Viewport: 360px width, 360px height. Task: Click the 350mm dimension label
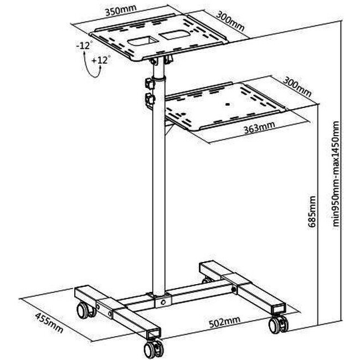click(121, 10)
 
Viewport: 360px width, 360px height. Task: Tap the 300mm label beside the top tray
click(230, 21)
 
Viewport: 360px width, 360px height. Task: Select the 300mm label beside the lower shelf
click(297, 87)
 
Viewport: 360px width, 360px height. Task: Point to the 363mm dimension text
click(259, 127)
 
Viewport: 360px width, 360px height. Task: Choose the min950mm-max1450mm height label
click(336, 174)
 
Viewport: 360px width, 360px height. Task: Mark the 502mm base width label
click(225, 322)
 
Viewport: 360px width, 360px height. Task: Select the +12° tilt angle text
click(101, 60)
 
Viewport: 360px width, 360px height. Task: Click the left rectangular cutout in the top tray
click(143, 41)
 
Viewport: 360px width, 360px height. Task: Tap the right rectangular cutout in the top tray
click(175, 34)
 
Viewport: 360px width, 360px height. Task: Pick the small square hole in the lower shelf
click(228, 104)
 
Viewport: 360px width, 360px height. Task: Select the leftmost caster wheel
click(86, 310)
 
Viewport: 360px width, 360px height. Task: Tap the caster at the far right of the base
click(278, 325)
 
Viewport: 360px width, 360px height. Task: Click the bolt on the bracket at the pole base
click(163, 302)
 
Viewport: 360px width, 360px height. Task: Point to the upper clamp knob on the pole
click(150, 83)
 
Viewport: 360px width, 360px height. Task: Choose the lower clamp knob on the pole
click(150, 99)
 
